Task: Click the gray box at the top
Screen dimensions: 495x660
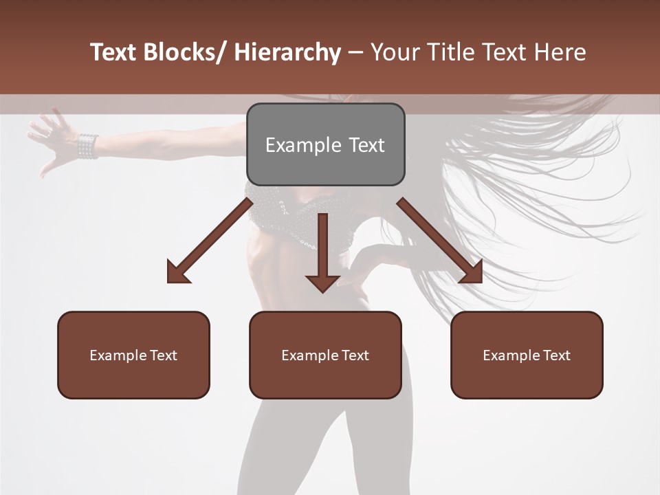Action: coord(325,144)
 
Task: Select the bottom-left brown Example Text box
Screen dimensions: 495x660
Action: coord(133,355)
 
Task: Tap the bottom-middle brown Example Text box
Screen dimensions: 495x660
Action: coord(325,355)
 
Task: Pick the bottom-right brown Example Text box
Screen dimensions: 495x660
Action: coord(527,355)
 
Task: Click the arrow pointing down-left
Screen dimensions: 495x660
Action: coord(210,241)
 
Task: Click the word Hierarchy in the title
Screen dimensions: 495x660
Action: coord(287,52)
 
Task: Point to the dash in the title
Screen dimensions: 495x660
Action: coord(355,52)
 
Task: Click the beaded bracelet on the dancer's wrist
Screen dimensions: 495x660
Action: coord(87,146)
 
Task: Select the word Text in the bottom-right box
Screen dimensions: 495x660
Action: coord(555,355)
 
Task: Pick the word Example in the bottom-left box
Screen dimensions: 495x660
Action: coord(118,355)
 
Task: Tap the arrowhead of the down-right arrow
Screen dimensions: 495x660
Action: coord(471,272)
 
